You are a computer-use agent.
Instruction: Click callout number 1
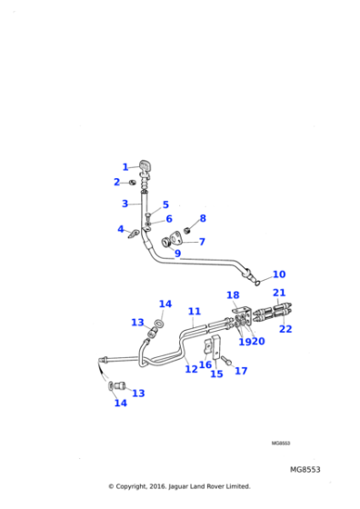tap(125, 166)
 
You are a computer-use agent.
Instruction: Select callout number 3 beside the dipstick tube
tap(125, 204)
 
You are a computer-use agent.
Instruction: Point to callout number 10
tap(278, 274)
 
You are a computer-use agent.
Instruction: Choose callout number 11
tap(194, 312)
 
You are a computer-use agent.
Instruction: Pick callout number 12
tap(192, 368)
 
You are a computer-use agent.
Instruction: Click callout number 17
tap(240, 371)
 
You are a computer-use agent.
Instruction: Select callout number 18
tap(233, 295)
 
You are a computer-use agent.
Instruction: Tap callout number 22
tap(285, 329)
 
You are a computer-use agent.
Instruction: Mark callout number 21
tap(279, 293)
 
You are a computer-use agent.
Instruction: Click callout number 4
tap(121, 229)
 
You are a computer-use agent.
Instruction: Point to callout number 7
tap(202, 242)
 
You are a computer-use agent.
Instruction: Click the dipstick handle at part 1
tap(145, 165)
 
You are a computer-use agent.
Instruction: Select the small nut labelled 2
tap(133, 183)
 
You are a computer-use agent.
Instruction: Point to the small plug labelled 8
tap(188, 228)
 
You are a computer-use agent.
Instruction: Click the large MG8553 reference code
tap(305, 470)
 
